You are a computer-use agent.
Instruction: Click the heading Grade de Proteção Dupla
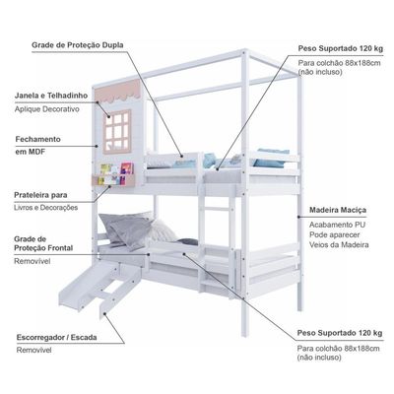(x=78, y=45)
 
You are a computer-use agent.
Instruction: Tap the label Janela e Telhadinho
(x=51, y=96)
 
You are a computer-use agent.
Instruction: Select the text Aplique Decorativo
(x=46, y=109)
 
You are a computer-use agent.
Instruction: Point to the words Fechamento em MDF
(x=37, y=145)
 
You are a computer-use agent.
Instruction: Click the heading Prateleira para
(x=40, y=195)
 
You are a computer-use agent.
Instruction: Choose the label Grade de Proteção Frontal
(x=43, y=243)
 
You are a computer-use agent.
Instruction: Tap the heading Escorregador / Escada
(x=57, y=337)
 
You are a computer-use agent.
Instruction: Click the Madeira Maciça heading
(x=338, y=210)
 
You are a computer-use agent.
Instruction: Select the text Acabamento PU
(x=337, y=225)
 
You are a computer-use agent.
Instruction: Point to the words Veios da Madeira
(x=339, y=244)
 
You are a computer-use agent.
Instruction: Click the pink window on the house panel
(x=117, y=131)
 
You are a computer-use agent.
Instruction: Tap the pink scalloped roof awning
(x=118, y=91)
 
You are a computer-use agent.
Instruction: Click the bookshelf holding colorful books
(x=112, y=174)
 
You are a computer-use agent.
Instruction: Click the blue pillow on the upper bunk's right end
(x=272, y=158)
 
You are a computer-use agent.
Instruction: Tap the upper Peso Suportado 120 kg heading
(x=341, y=48)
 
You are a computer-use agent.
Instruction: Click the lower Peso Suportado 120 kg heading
(x=340, y=333)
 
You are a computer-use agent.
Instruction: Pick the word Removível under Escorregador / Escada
(x=34, y=350)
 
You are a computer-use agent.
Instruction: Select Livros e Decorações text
(x=46, y=208)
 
